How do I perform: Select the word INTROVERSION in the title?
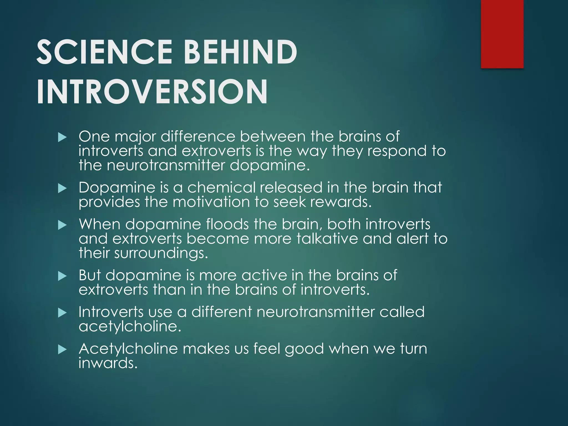[x=152, y=92]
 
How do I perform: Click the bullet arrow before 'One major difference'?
[x=62, y=137]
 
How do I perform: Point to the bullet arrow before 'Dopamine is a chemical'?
[x=62, y=189]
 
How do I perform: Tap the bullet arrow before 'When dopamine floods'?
[x=62, y=225]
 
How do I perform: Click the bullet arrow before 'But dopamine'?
[x=62, y=276]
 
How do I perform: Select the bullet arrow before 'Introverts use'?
[x=62, y=313]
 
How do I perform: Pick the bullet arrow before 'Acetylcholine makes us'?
[x=62, y=350]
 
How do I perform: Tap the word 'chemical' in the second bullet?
[x=221, y=188]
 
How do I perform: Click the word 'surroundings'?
[x=161, y=253]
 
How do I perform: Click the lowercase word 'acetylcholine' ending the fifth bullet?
[x=130, y=326]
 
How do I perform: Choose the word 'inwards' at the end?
[x=108, y=363]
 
